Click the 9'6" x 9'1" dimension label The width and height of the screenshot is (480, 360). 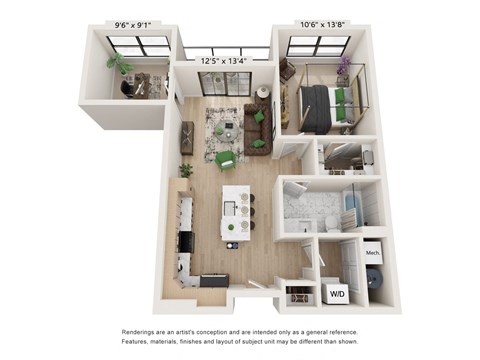click(x=133, y=25)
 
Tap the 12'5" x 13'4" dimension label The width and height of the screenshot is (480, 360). click(x=223, y=61)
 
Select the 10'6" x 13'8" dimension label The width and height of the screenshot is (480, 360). click(x=322, y=24)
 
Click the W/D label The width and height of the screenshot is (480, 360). click(x=337, y=294)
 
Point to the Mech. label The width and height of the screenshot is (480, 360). click(x=373, y=253)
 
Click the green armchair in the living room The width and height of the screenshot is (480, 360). click(x=226, y=160)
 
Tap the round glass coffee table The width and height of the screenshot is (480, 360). click(x=225, y=131)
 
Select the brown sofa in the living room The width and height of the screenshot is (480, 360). click(x=257, y=128)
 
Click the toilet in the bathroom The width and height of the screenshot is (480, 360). click(x=331, y=224)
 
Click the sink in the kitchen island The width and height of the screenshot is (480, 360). click(x=229, y=209)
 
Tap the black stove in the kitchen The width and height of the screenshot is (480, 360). click(x=187, y=242)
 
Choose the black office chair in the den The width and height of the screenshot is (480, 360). click(x=126, y=89)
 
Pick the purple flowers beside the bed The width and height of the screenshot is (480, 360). click(x=344, y=64)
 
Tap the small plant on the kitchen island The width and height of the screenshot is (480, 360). click(x=230, y=228)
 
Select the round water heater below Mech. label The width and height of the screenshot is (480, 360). click(x=375, y=277)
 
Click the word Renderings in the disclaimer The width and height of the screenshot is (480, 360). click(x=138, y=332)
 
